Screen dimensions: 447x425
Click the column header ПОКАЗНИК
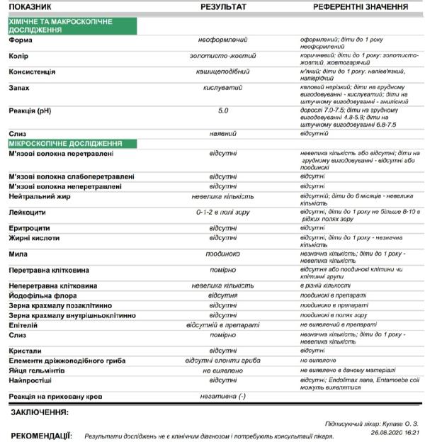pos(33,6)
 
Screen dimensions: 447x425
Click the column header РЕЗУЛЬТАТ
pos(223,6)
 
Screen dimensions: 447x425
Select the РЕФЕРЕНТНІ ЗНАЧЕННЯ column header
pos(351,6)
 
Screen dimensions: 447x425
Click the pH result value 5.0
pos(223,111)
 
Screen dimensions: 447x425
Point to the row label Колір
pos(19,55)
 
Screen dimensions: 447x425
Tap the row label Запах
pos(19,88)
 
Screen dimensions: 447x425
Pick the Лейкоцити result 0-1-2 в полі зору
pos(223,211)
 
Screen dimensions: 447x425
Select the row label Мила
pos(19,253)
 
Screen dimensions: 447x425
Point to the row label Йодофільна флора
pos(48,295)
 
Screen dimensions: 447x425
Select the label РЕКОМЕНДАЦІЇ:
pos(40,436)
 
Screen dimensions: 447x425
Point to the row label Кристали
pos(25,350)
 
